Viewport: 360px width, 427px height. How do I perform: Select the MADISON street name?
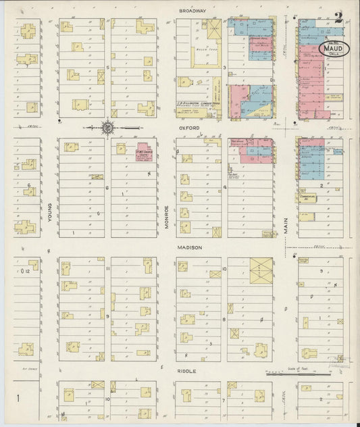[191, 248]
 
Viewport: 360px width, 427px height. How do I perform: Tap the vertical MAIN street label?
[286, 226]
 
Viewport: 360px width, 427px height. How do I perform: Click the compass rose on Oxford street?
[107, 126]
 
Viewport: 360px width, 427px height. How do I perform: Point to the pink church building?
[143, 151]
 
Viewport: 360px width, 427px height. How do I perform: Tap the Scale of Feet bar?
[297, 372]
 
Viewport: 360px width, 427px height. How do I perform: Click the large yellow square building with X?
[260, 270]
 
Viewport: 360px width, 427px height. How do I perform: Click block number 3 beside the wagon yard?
[224, 68]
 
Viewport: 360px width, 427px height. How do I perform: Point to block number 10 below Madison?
[224, 268]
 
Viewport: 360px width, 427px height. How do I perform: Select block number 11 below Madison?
[107, 268]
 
